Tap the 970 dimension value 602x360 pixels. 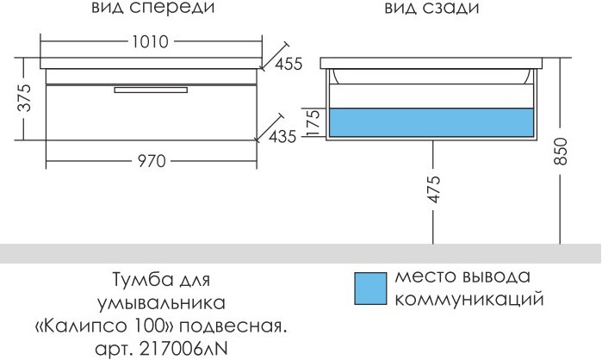(150, 161)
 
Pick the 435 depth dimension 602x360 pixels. (282, 135)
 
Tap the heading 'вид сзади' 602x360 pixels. (430, 9)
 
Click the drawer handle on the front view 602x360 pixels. (152, 88)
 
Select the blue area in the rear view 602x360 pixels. (431, 123)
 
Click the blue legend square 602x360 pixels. (371, 289)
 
